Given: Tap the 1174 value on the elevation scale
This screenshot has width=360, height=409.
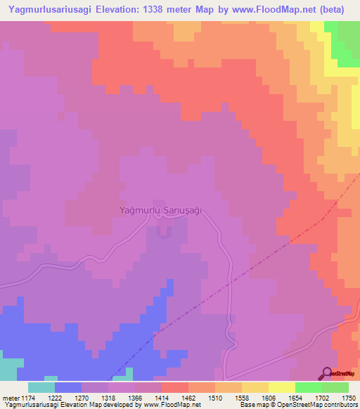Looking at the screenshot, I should [x=27, y=397].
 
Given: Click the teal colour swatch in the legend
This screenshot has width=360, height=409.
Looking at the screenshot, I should [x=41, y=387].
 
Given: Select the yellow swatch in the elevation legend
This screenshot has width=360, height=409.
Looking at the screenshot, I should [x=281, y=387].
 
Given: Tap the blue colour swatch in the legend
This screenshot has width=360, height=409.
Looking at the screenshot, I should [x=67, y=387].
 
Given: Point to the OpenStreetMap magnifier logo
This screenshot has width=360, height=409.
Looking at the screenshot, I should [x=327, y=374].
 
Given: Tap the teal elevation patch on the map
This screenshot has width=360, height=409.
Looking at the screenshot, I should [x=8, y=369].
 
